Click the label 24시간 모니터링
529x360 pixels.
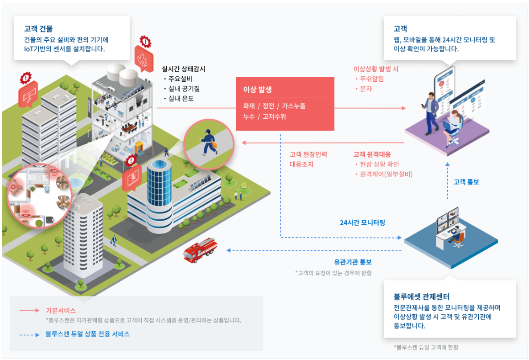click(x=362, y=222)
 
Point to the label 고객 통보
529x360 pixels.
click(x=466, y=182)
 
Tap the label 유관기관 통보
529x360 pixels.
click(x=353, y=262)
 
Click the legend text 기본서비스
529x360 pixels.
click(x=61, y=310)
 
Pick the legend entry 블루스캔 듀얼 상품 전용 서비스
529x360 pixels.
click(x=88, y=334)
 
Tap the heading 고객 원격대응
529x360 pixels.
click(x=372, y=154)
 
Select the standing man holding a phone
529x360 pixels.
click(x=430, y=112)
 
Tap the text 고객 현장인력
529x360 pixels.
click(x=308, y=154)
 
